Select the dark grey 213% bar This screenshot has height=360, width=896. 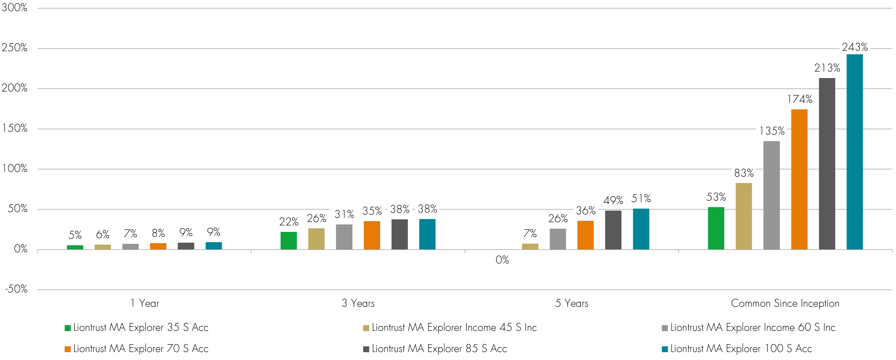coord(827,163)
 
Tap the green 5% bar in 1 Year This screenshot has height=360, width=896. coord(75,247)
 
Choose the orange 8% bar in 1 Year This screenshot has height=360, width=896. coord(158,246)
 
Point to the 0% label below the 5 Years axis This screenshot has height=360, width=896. coord(502,260)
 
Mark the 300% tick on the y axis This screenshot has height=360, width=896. coord(15,8)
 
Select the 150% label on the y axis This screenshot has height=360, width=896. coord(15,128)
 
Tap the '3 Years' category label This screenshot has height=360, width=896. coord(358,303)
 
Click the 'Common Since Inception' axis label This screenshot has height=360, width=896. coord(785,303)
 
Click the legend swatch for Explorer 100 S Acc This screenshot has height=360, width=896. coord(664,349)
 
